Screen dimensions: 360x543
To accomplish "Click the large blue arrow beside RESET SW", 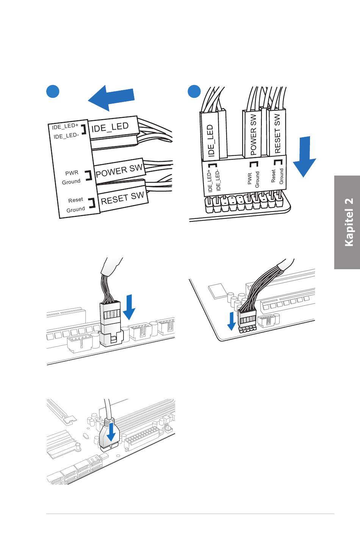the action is [x=305, y=157].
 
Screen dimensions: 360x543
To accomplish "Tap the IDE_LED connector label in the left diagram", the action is [x=110, y=127].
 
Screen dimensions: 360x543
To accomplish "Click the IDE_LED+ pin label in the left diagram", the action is [x=65, y=126].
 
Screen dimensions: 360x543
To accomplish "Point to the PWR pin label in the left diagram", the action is [x=72, y=173].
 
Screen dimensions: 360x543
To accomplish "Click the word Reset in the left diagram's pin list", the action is [x=75, y=200].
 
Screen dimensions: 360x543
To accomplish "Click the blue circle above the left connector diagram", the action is [x=53, y=91].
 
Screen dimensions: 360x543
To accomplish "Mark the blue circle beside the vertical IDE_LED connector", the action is [x=194, y=91].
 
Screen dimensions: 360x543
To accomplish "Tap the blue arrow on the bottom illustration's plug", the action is [x=111, y=433].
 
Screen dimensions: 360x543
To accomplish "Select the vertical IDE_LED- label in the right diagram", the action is [x=218, y=180].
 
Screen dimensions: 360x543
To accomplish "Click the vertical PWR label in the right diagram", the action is [x=249, y=179].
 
